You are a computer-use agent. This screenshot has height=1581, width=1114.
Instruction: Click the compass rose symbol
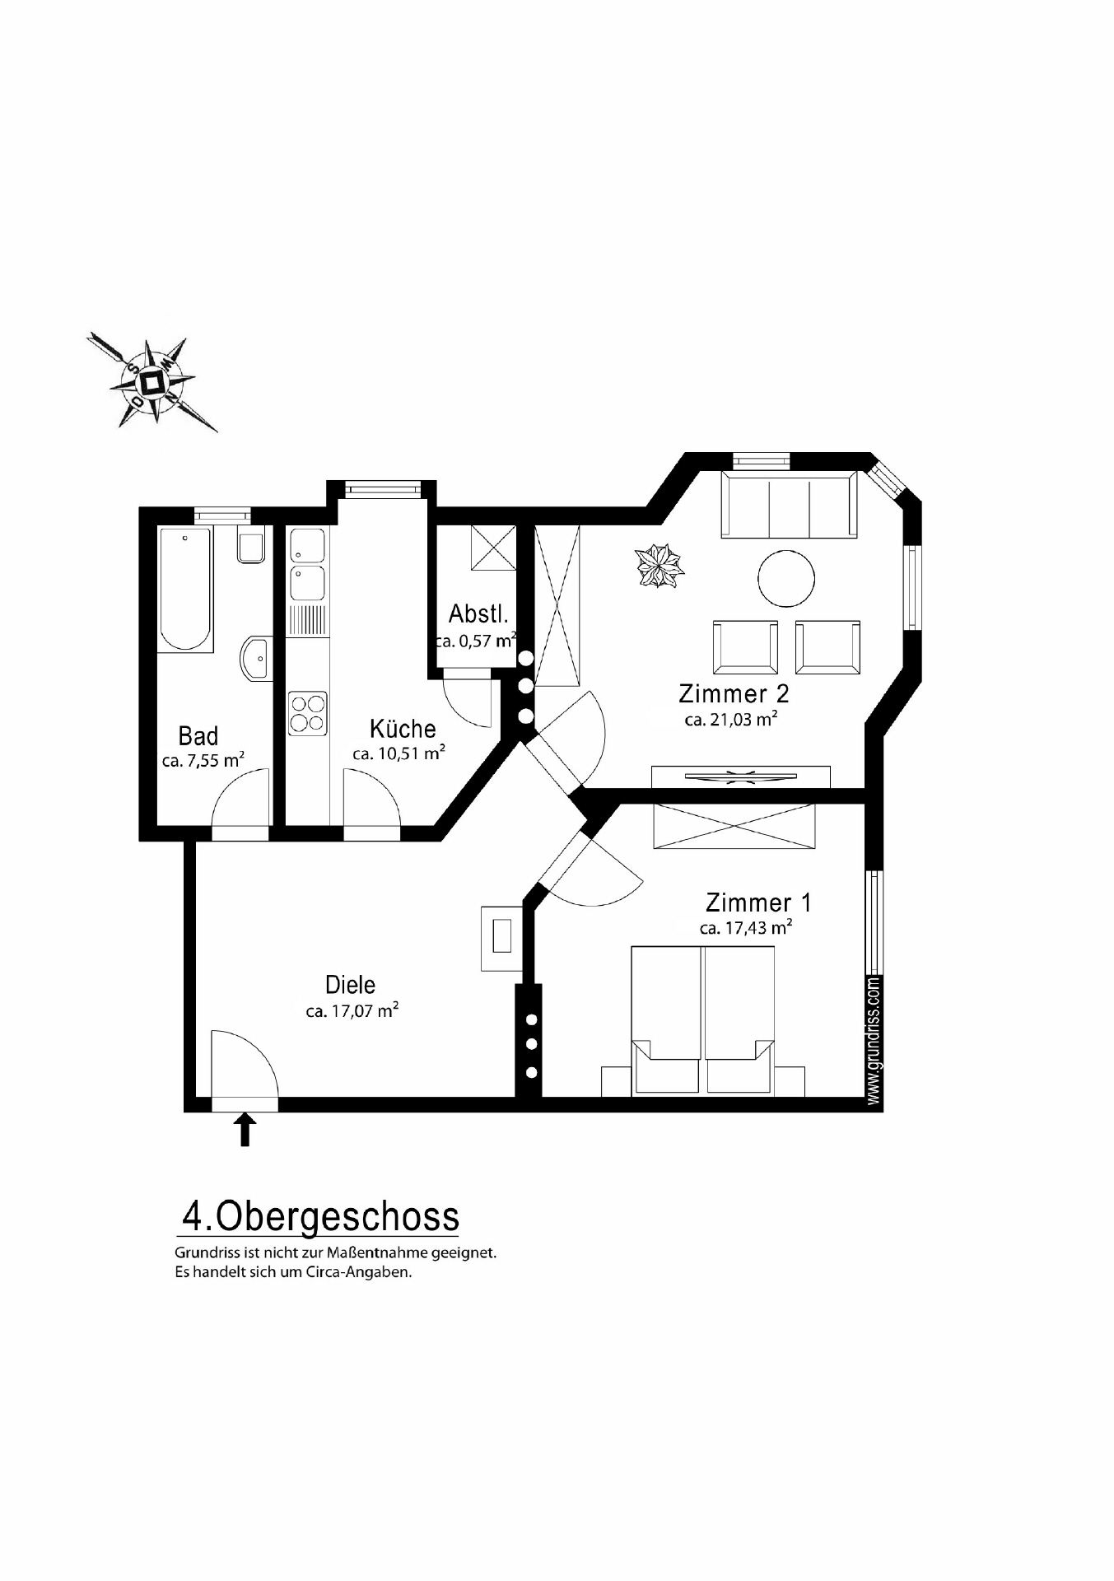pos(151,382)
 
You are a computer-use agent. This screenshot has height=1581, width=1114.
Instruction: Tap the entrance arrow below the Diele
pos(245,1129)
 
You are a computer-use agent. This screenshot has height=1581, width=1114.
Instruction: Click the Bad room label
pos(198,735)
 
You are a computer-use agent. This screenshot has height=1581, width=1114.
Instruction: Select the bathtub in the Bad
pos(185,590)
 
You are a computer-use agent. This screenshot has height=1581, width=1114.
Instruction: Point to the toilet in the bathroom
pos(250,546)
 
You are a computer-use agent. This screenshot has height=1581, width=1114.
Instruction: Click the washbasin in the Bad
pos(257,658)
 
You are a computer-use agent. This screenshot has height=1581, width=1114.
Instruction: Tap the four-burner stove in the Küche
pos(307,713)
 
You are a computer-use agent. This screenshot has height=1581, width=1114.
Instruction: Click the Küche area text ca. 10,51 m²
pos(399,753)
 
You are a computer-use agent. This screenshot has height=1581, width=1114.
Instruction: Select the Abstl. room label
pos(478,614)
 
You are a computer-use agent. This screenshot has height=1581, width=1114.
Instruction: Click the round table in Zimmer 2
pos(786,578)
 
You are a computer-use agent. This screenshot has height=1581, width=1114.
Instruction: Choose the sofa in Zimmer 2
pos(789,505)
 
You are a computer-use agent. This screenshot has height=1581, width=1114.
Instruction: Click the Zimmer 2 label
pos(734,693)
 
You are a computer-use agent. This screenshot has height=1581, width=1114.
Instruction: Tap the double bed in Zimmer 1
pos(703,1021)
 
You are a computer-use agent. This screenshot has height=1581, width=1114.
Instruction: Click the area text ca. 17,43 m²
pos(746,928)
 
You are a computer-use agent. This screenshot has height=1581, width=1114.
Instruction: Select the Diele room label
pos(351,985)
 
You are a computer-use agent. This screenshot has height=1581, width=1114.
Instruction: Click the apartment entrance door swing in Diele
pos(243,1063)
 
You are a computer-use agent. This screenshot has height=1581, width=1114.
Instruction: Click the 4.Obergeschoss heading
pos(319,1216)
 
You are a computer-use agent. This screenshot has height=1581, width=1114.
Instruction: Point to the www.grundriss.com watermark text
pos(874,1041)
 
